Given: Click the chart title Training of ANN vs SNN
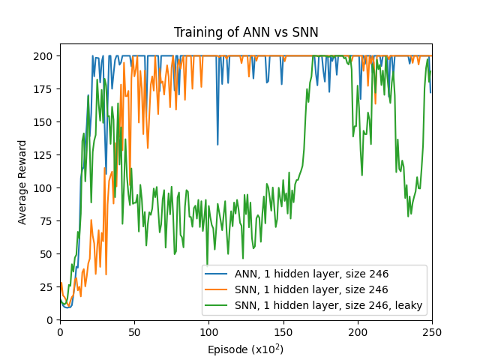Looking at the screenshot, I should pos(246,32).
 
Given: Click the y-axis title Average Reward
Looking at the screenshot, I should pos(22,182).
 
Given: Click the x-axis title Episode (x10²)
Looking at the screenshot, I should pos(246,349).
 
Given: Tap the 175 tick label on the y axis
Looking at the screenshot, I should pos(45,89).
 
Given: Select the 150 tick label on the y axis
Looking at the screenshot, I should pos(45,122).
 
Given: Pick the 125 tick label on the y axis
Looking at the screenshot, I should pos(45,155).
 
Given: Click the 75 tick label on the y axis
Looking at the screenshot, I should pos(48,221).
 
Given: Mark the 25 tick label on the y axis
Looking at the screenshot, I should pos(48,287).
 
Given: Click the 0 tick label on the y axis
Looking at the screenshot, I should pos(51,320).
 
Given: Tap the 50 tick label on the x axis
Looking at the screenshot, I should pos(134,331).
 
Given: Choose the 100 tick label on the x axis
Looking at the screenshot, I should pos(208,331).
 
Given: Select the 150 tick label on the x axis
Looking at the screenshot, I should pos(283,331).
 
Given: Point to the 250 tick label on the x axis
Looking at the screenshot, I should pos(432,331).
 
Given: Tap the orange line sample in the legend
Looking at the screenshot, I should pos(220,289).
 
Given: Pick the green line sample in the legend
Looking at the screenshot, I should pos(220,305).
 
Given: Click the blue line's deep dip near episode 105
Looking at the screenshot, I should pos(217,144).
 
